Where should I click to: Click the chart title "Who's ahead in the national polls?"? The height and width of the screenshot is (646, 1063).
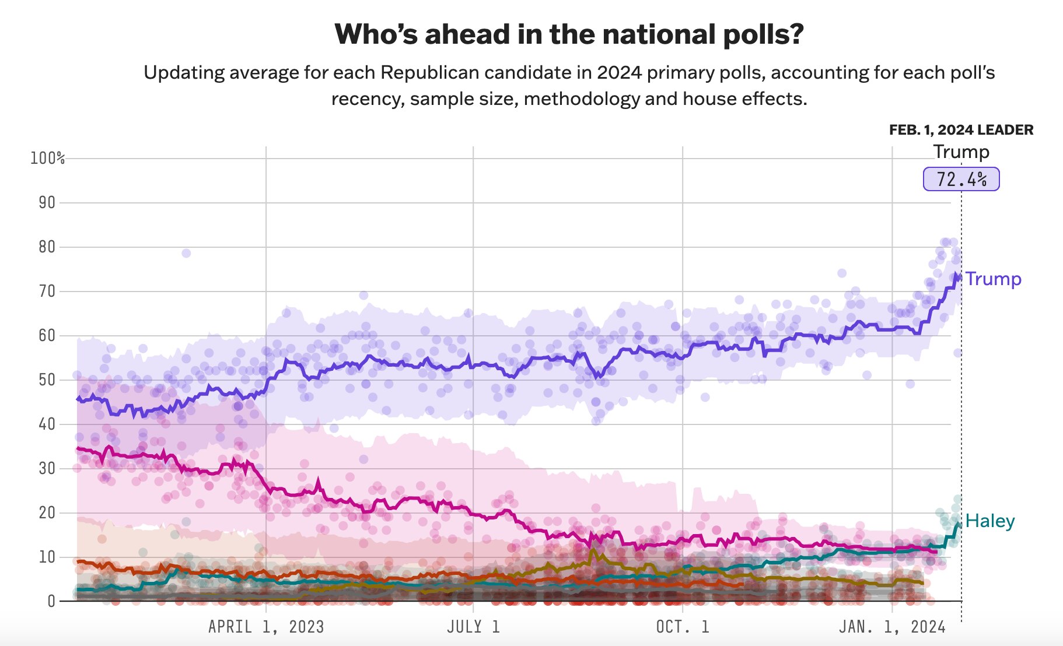click(569, 34)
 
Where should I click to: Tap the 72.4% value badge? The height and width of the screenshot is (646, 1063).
click(961, 179)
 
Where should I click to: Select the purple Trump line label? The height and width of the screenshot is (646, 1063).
click(993, 279)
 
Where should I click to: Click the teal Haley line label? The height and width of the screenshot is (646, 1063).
click(989, 521)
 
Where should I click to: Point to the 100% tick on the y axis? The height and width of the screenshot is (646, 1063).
click(47, 158)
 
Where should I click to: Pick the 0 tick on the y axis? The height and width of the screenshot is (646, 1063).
click(51, 601)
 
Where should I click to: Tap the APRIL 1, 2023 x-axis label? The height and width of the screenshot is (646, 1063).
click(266, 627)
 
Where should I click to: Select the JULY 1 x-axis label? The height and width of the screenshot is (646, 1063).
click(473, 627)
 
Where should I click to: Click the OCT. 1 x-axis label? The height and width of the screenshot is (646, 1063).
click(682, 627)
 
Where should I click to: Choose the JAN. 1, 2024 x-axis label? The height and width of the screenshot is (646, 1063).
click(891, 627)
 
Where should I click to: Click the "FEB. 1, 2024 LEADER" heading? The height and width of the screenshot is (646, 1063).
click(961, 130)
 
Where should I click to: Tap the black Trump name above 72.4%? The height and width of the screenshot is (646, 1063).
click(961, 152)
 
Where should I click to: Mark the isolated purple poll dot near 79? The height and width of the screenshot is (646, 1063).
click(186, 253)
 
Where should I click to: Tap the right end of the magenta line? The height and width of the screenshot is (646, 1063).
click(936, 551)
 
